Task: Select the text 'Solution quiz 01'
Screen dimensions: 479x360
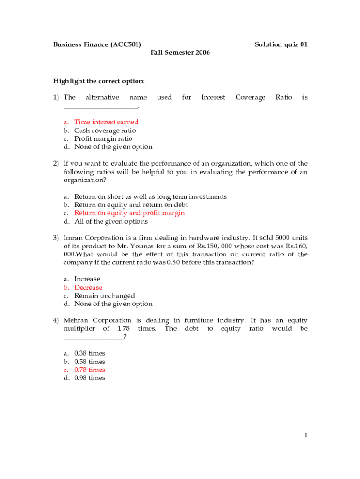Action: click(281, 44)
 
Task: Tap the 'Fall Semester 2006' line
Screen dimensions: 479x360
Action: click(180, 52)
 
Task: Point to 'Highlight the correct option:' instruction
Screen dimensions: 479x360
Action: click(99, 81)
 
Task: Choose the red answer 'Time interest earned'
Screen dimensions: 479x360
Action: click(106, 122)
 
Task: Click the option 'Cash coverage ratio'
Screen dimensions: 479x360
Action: click(105, 131)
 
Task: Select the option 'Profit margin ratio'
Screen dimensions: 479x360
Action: click(103, 138)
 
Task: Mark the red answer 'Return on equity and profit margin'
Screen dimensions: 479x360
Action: click(130, 213)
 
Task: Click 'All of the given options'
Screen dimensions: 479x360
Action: click(111, 221)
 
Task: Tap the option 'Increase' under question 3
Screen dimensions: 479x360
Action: click(87, 279)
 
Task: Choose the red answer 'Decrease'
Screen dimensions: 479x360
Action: click(88, 287)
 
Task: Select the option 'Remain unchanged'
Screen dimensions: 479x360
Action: click(104, 296)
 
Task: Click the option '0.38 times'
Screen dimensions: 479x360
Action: click(89, 353)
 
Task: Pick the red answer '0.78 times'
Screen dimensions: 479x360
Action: click(89, 370)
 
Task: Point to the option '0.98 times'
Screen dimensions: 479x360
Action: click(89, 378)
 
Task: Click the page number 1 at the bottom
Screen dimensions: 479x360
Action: click(305, 435)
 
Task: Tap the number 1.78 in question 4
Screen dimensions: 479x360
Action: click(123, 329)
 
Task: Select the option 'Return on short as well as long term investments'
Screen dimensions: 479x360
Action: click(151, 196)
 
